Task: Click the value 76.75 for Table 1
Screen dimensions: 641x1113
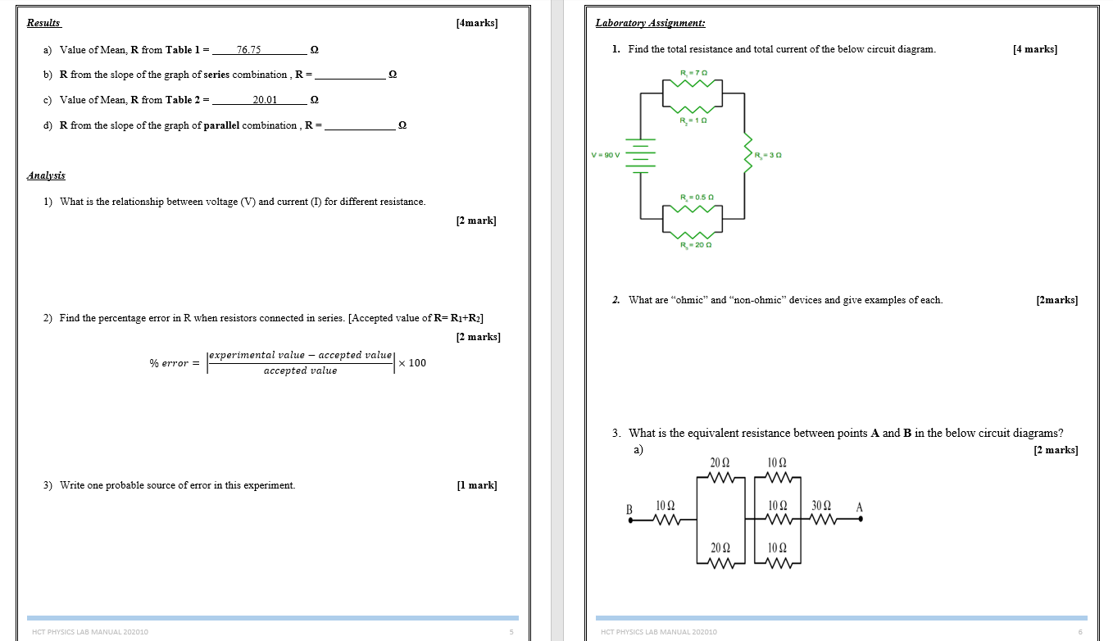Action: (x=248, y=50)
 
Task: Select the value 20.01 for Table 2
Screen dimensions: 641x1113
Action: (x=265, y=100)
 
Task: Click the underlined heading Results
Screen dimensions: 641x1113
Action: (x=43, y=23)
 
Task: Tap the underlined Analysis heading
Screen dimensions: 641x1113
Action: (x=46, y=175)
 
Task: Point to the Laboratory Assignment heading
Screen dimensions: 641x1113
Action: (x=650, y=23)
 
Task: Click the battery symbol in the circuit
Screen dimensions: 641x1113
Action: (x=641, y=156)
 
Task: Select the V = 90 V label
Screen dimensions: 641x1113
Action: (x=606, y=155)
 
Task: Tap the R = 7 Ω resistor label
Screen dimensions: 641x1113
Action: (x=693, y=73)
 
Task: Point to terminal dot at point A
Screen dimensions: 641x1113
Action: (x=861, y=519)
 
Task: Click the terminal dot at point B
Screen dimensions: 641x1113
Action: (x=630, y=520)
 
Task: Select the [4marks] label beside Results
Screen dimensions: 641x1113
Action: (x=477, y=23)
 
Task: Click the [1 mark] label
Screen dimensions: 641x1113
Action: (x=477, y=485)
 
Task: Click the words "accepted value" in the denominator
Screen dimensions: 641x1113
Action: (x=300, y=371)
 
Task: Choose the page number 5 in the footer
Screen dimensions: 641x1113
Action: (x=511, y=632)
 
